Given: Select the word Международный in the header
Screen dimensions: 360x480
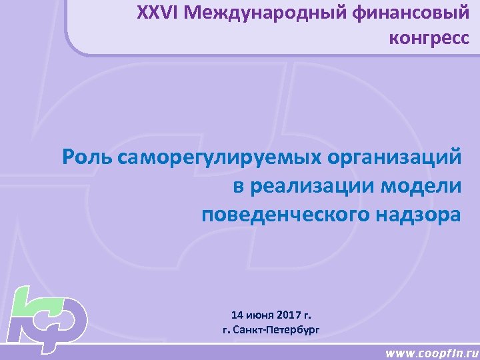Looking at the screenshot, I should point(257,13).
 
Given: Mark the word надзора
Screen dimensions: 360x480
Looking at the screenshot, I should point(419,215).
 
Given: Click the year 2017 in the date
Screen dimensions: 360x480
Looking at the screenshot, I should point(287,314).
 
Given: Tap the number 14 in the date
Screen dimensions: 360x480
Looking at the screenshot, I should point(237,314).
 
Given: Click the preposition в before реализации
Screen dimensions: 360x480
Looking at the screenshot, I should point(239,187).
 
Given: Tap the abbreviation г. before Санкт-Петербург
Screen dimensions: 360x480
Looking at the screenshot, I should point(226,329).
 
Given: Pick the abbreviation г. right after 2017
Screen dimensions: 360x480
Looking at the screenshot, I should point(306,314).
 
